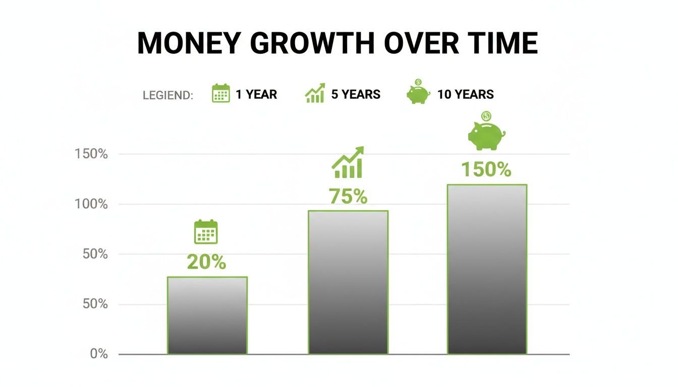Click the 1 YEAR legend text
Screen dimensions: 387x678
[x=256, y=94]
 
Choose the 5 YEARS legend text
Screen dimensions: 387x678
[x=356, y=94]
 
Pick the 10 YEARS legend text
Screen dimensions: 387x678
[x=465, y=94]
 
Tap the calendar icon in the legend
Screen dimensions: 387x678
[x=220, y=94]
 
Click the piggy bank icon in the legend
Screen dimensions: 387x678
[x=418, y=93]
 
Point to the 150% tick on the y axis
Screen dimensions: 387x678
[x=91, y=154]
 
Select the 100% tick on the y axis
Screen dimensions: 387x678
[x=91, y=204]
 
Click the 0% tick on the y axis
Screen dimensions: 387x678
[x=99, y=354]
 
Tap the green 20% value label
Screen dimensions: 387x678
[x=206, y=262]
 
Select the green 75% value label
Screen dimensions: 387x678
[x=348, y=197]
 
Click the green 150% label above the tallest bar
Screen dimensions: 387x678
[x=486, y=170]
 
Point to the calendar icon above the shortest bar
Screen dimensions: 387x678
[x=206, y=232]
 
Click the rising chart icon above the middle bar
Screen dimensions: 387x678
[x=348, y=163]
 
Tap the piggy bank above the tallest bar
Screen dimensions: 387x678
[x=486, y=134]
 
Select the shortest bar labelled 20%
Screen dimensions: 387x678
[x=207, y=315]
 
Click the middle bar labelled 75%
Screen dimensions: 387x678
[x=348, y=282]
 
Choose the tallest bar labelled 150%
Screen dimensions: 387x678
[x=487, y=269]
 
